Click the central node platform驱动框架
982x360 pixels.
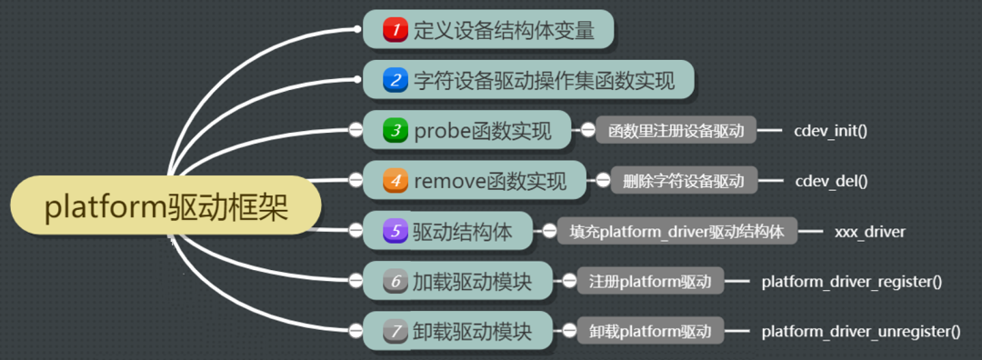click(166, 209)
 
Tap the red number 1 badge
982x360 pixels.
click(395, 30)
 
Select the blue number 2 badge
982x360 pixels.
click(395, 80)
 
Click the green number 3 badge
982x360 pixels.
click(395, 131)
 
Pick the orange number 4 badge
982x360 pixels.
click(395, 180)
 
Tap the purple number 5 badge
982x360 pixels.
click(395, 231)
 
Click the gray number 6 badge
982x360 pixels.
click(395, 281)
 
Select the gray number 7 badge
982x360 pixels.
click(395, 332)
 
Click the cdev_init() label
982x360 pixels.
click(830, 131)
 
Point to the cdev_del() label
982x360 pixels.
click(830, 181)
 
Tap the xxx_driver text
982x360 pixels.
click(869, 231)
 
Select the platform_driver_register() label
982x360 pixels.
click(851, 281)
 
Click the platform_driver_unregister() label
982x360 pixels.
click(860, 332)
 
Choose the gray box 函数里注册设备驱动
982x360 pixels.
click(676, 131)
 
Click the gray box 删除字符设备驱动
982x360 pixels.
click(684, 181)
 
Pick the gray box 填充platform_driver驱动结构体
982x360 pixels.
click(676, 231)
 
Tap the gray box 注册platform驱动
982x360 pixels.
click(650, 281)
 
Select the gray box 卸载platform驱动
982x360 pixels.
click(650, 332)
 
